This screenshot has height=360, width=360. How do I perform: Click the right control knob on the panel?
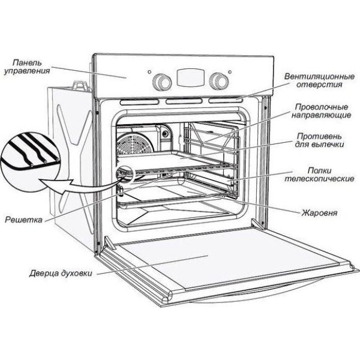(219, 80)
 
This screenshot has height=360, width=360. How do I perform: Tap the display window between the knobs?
(190, 79)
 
